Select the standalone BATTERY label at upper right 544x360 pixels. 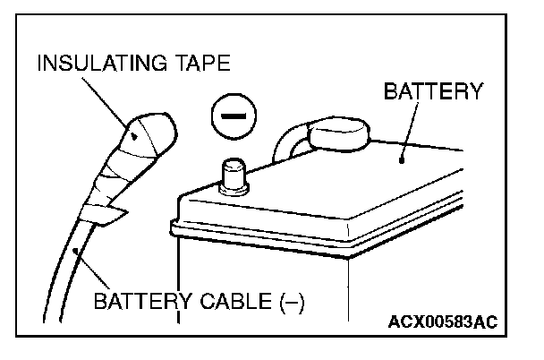[x=433, y=90]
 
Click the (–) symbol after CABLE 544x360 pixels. [x=290, y=300]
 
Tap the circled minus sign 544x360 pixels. [x=233, y=117]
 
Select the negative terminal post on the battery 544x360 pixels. [x=234, y=172]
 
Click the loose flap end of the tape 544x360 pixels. [x=107, y=216]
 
